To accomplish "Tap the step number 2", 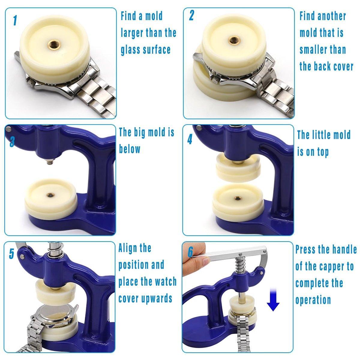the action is (191, 15).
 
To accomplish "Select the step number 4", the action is (190, 139).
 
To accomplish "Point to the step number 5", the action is (12, 254).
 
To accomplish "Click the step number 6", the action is (190, 252).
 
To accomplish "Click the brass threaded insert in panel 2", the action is (233, 40).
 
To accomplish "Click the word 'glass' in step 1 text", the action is (130, 50).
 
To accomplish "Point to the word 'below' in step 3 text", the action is (130, 149).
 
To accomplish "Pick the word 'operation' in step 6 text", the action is (313, 300).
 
